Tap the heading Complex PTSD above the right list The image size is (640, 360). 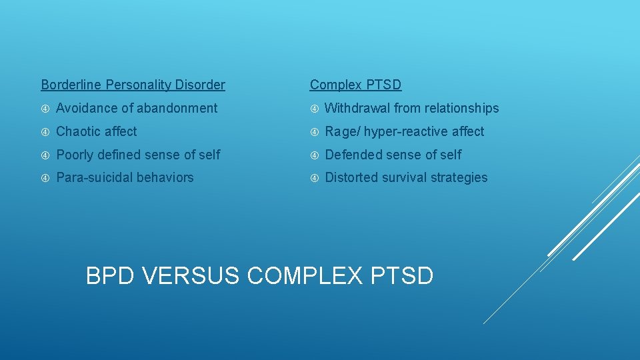tap(355, 85)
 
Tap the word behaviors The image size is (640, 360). tap(167, 177)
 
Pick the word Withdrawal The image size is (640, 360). tap(357, 108)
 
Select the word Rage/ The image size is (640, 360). tap(343, 131)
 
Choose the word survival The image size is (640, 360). tap(405, 177)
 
